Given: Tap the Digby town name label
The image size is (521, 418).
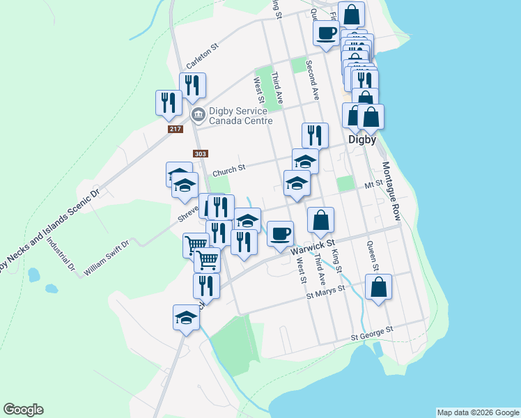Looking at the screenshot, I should [x=362, y=139].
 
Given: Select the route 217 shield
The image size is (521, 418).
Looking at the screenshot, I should [x=174, y=130].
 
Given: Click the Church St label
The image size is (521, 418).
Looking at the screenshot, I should [x=229, y=169].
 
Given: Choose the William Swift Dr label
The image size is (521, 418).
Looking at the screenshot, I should [x=107, y=257].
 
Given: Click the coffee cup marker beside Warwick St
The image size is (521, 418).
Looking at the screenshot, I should [x=280, y=233].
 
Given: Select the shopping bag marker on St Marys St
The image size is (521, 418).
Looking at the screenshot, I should [x=378, y=286].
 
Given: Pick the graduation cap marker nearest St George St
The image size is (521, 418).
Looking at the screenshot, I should [x=186, y=317].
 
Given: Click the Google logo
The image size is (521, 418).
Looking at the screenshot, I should [x=23, y=410].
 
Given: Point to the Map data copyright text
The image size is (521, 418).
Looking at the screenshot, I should [x=478, y=412].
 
